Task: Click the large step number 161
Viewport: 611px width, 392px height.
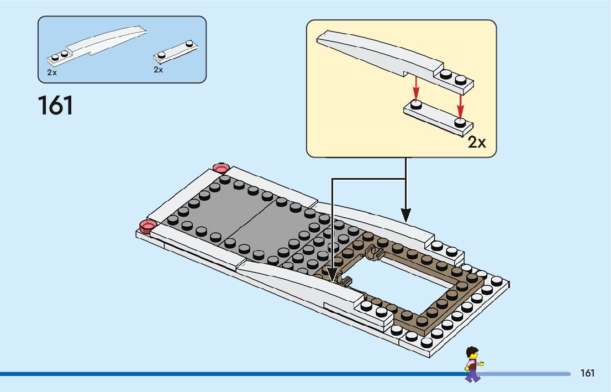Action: point(55,105)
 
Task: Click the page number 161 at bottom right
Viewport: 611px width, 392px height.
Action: point(587,373)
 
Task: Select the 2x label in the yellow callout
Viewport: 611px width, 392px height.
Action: point(476,143)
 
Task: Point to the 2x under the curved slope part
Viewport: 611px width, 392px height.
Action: point(51,72)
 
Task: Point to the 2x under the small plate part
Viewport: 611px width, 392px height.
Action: point(159,70)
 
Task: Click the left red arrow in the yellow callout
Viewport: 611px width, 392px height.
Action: point(417,88)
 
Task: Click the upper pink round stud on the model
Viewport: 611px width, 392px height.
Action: point(221,168)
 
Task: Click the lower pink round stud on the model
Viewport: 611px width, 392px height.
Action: point(148,226)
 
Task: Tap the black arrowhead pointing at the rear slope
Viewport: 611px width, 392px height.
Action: point(406,215)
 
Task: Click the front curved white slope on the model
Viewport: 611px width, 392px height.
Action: point(298,280)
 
